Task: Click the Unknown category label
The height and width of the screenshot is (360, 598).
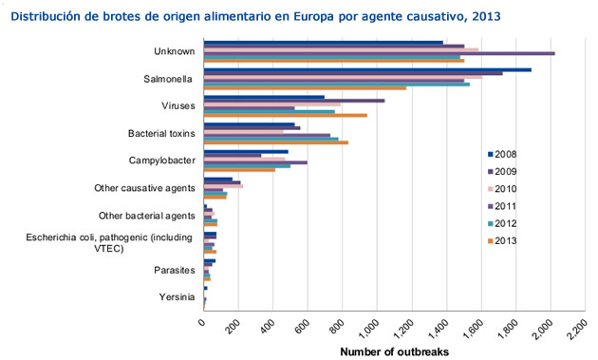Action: tap(174, 51)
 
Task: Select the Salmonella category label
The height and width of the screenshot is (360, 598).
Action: tap(169, 79)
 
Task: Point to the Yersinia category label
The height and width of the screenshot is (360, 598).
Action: tap(177, 298)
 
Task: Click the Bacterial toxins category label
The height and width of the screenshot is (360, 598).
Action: tap(161, 133)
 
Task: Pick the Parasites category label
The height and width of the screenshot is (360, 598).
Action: tap(174, 271)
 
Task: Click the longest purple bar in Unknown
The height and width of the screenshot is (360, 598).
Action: tap(379, 53)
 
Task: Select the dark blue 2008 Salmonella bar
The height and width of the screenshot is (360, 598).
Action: tap(367, 69)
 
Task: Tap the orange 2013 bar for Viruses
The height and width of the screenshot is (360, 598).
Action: tap(286, 116)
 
